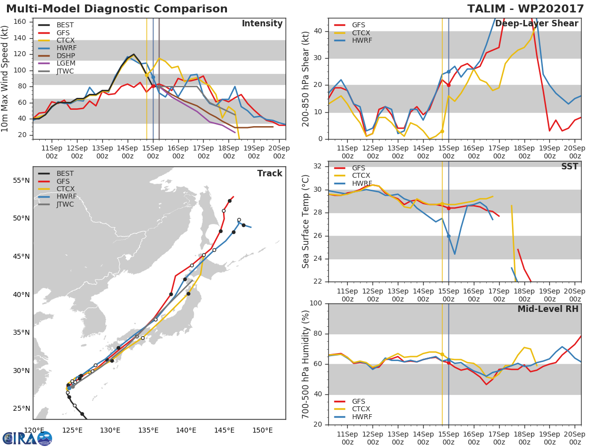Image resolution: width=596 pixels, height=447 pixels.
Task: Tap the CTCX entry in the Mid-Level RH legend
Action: pyautogui.click(x=362, y=409)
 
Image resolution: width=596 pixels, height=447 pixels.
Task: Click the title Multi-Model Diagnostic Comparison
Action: pyautogui.click(x=117, y=9)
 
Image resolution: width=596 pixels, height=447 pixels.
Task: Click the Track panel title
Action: pyautogui.click(x=269, y=173)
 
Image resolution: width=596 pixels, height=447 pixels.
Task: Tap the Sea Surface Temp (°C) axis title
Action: pyautogui.click(x=306, y=221)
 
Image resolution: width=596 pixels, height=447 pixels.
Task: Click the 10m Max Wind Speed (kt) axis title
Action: pyautogui.click(x=5, y=78)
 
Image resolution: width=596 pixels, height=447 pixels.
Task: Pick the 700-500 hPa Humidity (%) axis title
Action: pyautogui.click(x=306, y=364)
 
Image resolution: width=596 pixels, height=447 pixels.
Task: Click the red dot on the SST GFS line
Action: pyautogui.click(x=448, y=208)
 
